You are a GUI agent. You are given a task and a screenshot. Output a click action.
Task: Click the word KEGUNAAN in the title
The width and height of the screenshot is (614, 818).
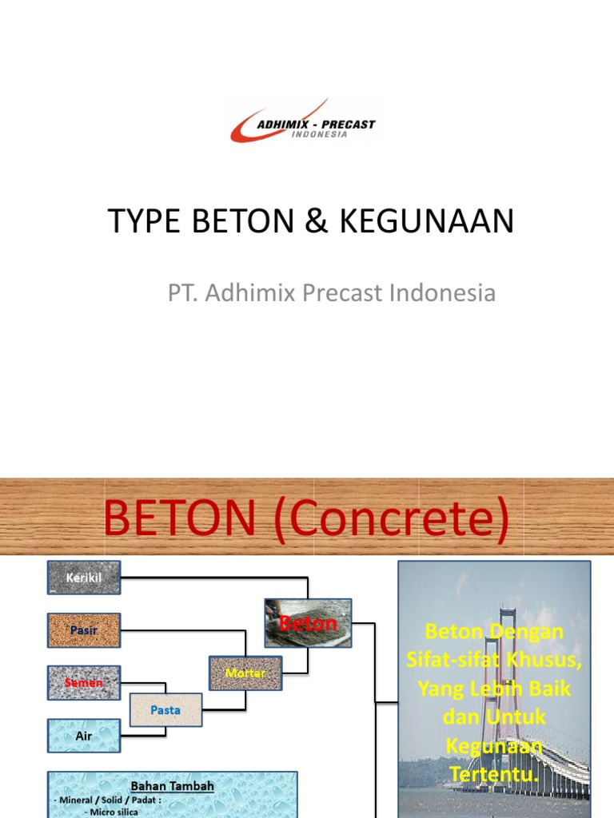tap(427, 222)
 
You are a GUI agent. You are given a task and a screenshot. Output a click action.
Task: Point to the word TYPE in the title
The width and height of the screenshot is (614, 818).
tap(144, 222)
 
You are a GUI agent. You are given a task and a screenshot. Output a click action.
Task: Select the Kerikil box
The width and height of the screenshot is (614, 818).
tap(84, 577)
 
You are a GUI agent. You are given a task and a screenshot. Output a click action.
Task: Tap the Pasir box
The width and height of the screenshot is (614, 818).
tap(84, 629)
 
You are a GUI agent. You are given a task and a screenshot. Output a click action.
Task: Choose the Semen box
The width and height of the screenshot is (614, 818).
tap(84, 683)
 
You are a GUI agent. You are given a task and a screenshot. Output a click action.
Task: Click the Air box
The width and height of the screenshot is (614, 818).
tap(84, 736)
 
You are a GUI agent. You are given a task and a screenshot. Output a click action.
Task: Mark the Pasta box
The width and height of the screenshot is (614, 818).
tap(166, 709)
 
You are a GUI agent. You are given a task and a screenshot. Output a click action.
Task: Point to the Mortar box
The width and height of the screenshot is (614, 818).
tap(245, 673)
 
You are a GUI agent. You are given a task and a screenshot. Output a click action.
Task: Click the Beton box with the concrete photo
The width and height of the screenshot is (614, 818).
tap(308, 623)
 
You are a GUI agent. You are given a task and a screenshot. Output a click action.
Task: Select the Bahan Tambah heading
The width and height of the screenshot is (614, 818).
tap(173, 786)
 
